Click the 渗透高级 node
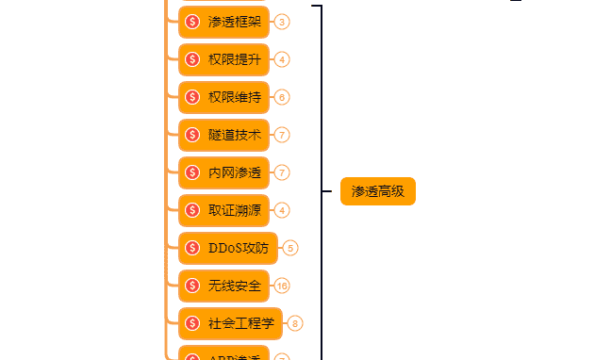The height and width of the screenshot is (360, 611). pos(377,191)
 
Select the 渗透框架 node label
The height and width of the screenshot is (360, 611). pos(235,22)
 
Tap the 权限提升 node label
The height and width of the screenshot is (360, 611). pos(235,59)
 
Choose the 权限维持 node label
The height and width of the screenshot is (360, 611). pos(235,97)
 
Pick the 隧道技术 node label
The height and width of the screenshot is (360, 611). pos(235,135)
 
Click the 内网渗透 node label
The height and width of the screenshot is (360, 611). pos(235,172)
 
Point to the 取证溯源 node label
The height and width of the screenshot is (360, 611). pos(235,210)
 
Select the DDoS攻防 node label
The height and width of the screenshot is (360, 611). pos(239,248)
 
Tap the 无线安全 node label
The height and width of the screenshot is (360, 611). pos(235,286)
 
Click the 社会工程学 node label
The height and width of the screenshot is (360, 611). pos(241,323)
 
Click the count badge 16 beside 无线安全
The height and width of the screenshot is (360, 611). pos(282,286)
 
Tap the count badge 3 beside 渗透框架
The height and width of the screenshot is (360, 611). pos(283,22)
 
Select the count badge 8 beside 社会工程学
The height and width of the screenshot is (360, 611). pos(296,323)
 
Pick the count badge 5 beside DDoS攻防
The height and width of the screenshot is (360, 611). pos(290,248)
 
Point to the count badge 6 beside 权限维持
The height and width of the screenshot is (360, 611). pos(283,97)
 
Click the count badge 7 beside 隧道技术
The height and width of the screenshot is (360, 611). pos(283,135)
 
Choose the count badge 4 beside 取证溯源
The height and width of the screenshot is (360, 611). pos(283,210)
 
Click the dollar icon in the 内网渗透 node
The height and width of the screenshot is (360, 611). pos(192,172)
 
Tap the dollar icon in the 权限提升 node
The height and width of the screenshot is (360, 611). pos(192,59)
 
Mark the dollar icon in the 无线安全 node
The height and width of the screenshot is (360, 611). pos(192,286)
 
